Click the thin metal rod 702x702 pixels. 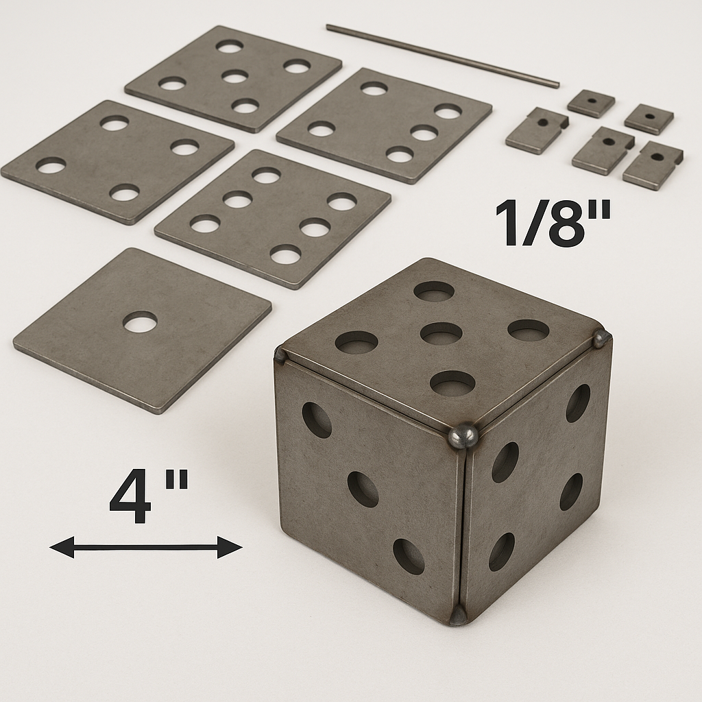click(x=443, y=55)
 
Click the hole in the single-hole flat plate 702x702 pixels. click(x=140, y=322)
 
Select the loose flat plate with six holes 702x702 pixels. click(x=273, y=219)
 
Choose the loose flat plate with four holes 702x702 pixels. click(x=118, y=162)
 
